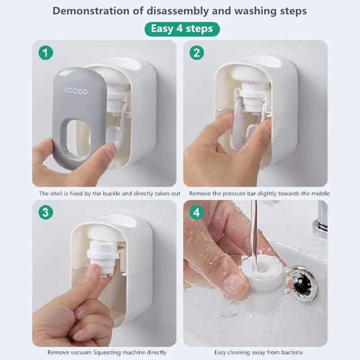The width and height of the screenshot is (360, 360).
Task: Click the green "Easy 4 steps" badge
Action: pos(182,29)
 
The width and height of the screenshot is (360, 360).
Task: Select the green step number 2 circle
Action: pos(196,53)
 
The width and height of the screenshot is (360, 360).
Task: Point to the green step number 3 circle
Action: pos(45,212)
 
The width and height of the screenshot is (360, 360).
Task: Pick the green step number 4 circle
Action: pos(196,212)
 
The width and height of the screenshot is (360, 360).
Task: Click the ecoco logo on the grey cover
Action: pos(76,91)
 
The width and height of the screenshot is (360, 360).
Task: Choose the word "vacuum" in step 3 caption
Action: pos(79,352)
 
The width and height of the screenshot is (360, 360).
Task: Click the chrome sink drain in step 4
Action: pos(301,283)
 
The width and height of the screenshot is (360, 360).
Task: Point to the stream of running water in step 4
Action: pos(254,229)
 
